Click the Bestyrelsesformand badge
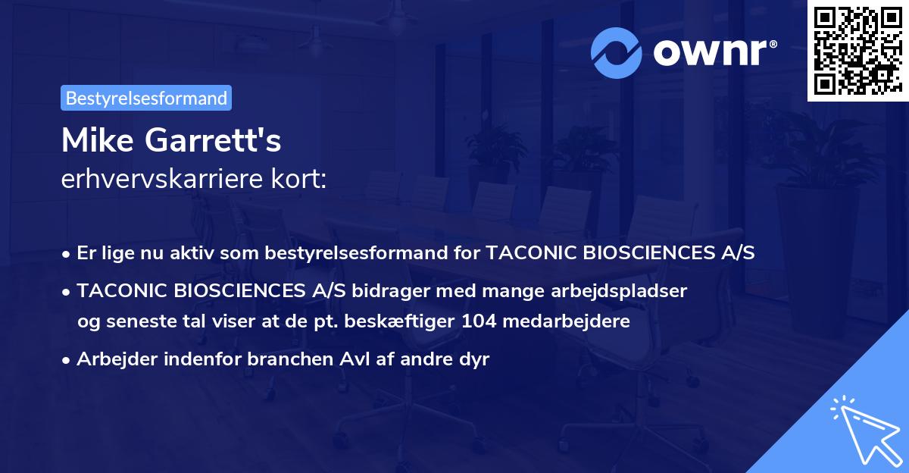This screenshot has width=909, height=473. (146, 98)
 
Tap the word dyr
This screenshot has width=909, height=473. (474, 359)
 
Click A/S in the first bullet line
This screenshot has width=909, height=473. (737, 253)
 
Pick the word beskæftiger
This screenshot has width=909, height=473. (406, 321)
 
